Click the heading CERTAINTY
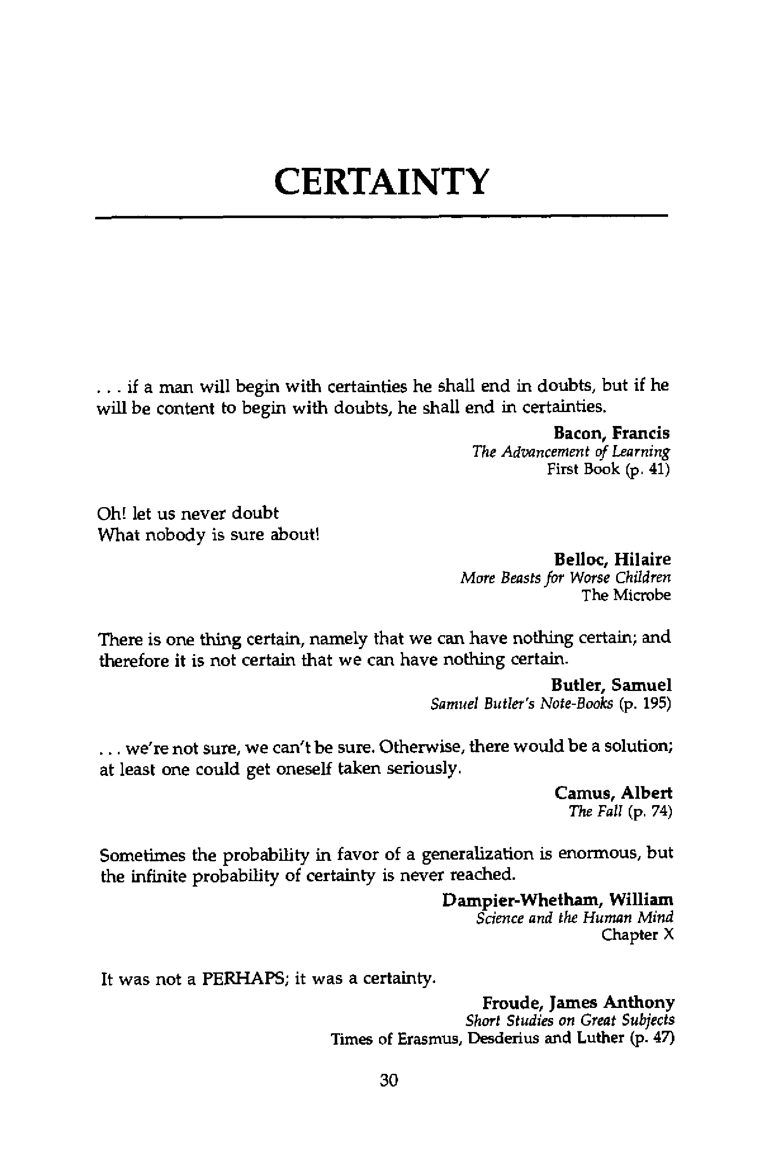click(381, 182)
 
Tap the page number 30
click(388, 1081)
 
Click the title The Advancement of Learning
click(570, 451)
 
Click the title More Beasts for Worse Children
click(565, 577)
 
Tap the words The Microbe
click(626, 595)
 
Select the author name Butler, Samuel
click(611, 685)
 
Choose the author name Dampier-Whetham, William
click(557, 900)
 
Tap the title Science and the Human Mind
click(574, 918)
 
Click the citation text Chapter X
click(637, 935)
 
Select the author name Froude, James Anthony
click(578, 1002)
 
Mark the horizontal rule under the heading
click(381, 216)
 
